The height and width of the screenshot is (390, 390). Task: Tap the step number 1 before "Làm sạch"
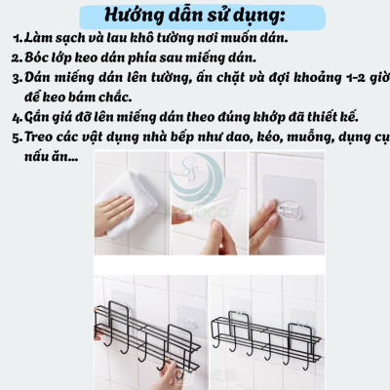[18, 41]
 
